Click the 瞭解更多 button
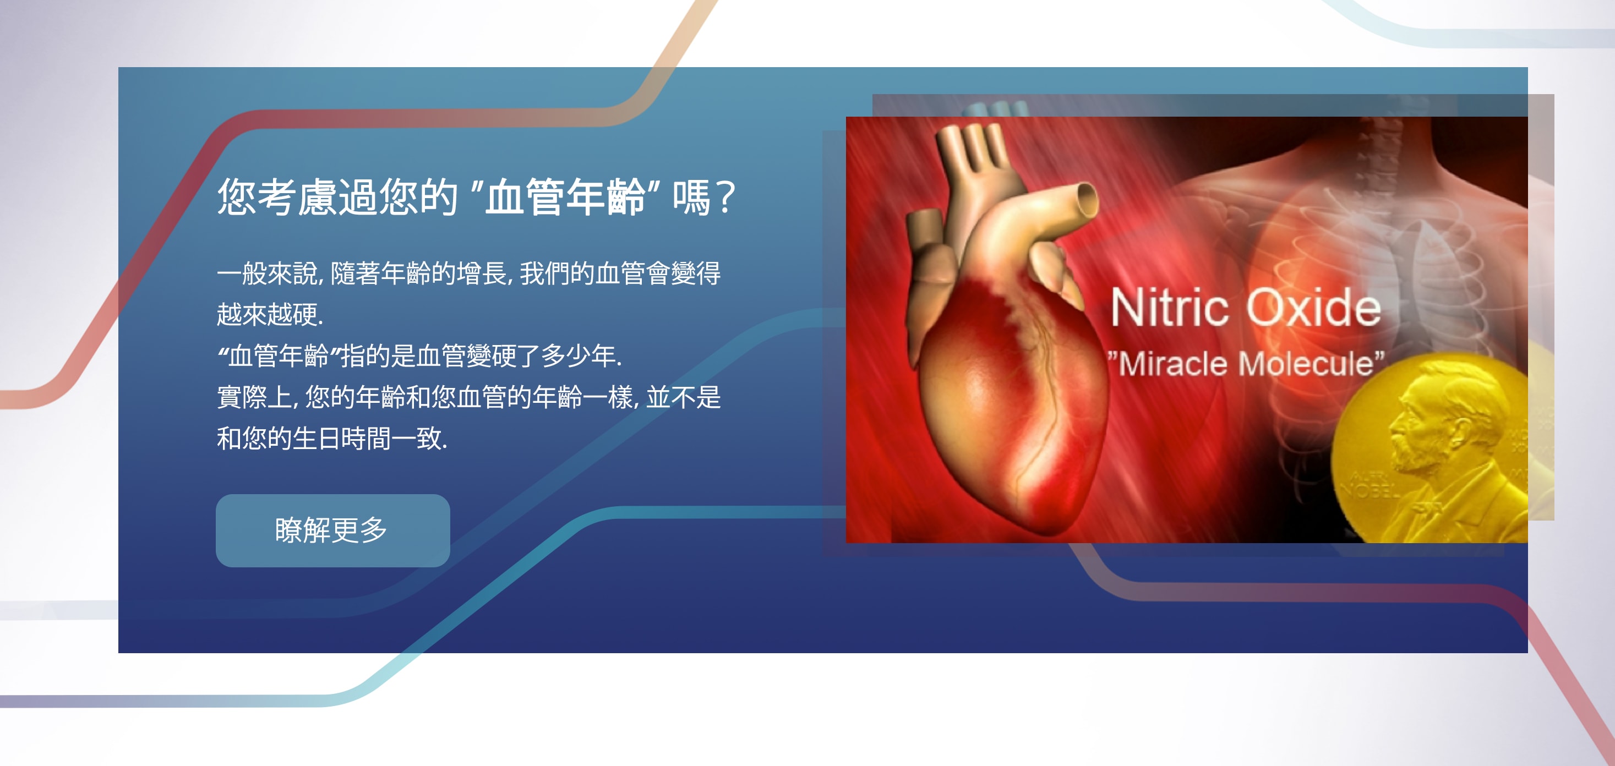click(x=333, y=530)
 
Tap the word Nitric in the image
click(x=1169, y=307)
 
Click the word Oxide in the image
click(x=1313, y=307)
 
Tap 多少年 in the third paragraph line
click(x=579, y=355)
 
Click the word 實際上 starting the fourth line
click(x=254, y=397)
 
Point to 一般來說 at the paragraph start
click(x=266, y=273)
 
